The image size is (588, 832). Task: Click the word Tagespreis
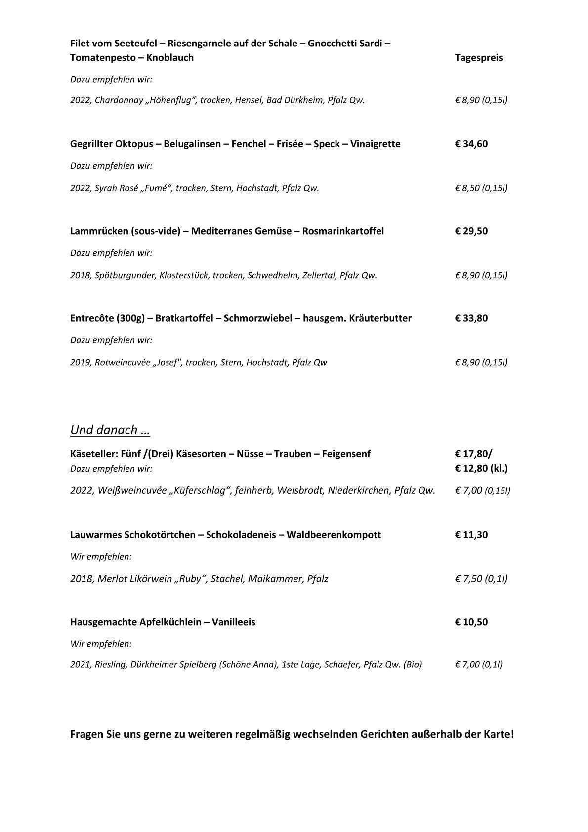point(478,58)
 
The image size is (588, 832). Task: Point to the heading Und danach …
point(110,430)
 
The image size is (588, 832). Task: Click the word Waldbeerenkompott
point(334,535)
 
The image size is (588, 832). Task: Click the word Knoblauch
point(170,58)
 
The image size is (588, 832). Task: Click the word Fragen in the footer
point(87,734)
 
